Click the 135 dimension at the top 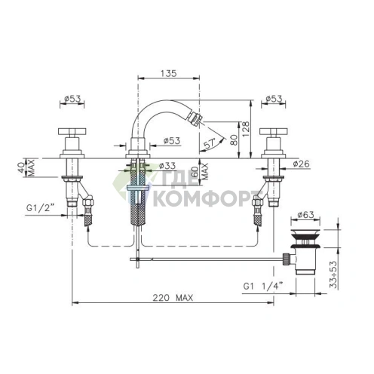pos(169,73)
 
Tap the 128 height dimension pos(246,129)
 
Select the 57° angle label pos(209,144)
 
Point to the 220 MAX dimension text pos(173,298)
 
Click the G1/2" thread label pos(40,208)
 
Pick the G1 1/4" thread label pos(263,286)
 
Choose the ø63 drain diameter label pos(305,215)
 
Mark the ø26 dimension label pos(301,164)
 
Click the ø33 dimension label pos(167,166)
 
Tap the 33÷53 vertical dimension pos(333,274)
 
